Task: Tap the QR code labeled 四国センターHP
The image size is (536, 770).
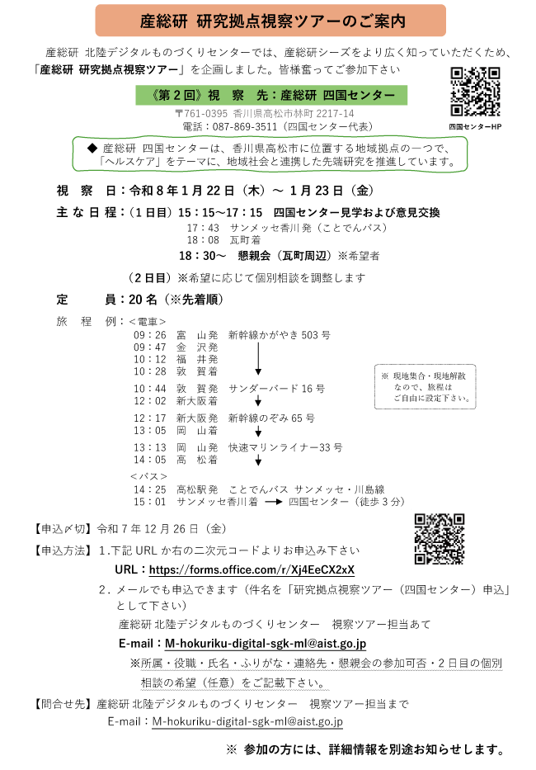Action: (476, 91)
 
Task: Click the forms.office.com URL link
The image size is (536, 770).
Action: (252, 569)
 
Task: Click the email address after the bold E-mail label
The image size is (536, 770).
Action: (266, 643)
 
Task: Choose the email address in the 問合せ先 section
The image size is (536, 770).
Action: (247, 720)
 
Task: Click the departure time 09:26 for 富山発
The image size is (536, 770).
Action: (150, 335)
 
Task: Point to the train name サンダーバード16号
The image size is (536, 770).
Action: (277, 388)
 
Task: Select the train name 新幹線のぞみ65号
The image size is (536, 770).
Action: (271, 418)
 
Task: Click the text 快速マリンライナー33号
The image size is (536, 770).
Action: (285, 447)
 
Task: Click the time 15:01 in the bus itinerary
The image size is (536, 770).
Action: (150, 502)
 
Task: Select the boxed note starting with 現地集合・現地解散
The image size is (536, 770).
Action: (426, 386)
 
